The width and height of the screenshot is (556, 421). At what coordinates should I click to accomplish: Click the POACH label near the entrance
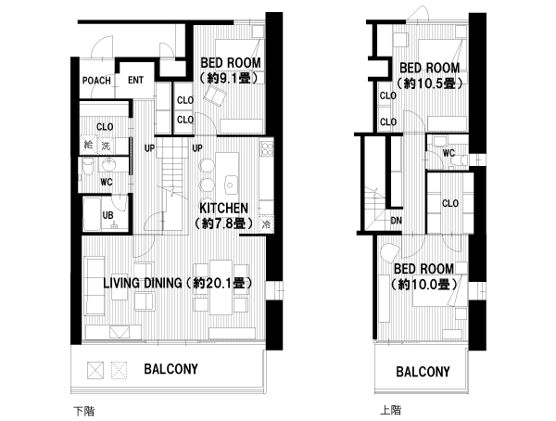(96, 81)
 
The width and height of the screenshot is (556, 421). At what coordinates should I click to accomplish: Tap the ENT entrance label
(136, 81)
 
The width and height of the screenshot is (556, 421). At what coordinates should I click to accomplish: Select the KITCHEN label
(223, 208)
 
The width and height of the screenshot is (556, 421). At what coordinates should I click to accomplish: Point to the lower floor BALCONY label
(171, 369)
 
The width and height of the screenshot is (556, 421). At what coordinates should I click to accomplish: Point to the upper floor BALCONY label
(423, 372)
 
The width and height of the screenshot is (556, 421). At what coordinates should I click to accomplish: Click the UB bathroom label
(107, 215)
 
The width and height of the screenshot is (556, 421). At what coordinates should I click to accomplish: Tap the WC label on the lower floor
(107, 183)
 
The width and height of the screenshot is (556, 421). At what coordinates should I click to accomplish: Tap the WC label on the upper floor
(449, 153)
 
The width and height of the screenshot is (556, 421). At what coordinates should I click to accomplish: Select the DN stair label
(396, 221)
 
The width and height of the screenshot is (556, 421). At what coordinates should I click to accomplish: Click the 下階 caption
(84, 412)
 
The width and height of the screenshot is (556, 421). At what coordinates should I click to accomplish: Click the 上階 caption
(391, 411)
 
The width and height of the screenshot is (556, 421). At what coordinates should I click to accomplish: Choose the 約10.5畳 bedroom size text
(429, 83)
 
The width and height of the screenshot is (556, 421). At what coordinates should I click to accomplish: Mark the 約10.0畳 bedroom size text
(424, 284)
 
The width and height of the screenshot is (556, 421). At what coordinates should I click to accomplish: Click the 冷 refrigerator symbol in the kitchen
(266, 224)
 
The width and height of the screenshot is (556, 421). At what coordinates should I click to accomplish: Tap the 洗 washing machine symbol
(106, 146)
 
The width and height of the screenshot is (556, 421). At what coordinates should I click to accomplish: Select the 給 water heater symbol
(88, 145)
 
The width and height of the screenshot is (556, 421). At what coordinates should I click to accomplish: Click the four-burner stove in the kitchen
(267, 148)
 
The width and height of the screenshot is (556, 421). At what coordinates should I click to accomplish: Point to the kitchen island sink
(230, 185)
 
